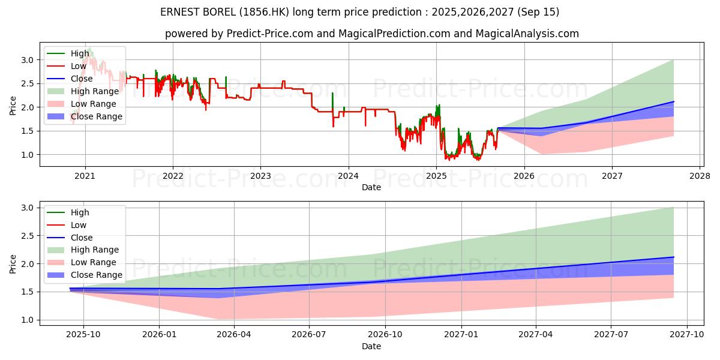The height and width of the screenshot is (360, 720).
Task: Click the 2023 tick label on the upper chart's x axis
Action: pos(260,176)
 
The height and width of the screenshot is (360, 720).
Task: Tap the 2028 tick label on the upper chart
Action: pos(700,176)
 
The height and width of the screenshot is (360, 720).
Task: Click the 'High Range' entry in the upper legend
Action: pos(95,91)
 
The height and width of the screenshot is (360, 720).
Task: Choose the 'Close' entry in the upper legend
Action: pos(82,79)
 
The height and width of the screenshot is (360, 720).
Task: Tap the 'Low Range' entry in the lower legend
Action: pos(94,262)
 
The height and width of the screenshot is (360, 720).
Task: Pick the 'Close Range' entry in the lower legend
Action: pos(97,275)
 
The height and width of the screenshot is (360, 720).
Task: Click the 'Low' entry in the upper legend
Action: pos(79,66)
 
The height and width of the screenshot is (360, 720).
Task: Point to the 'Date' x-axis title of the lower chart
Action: pos(371,347)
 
